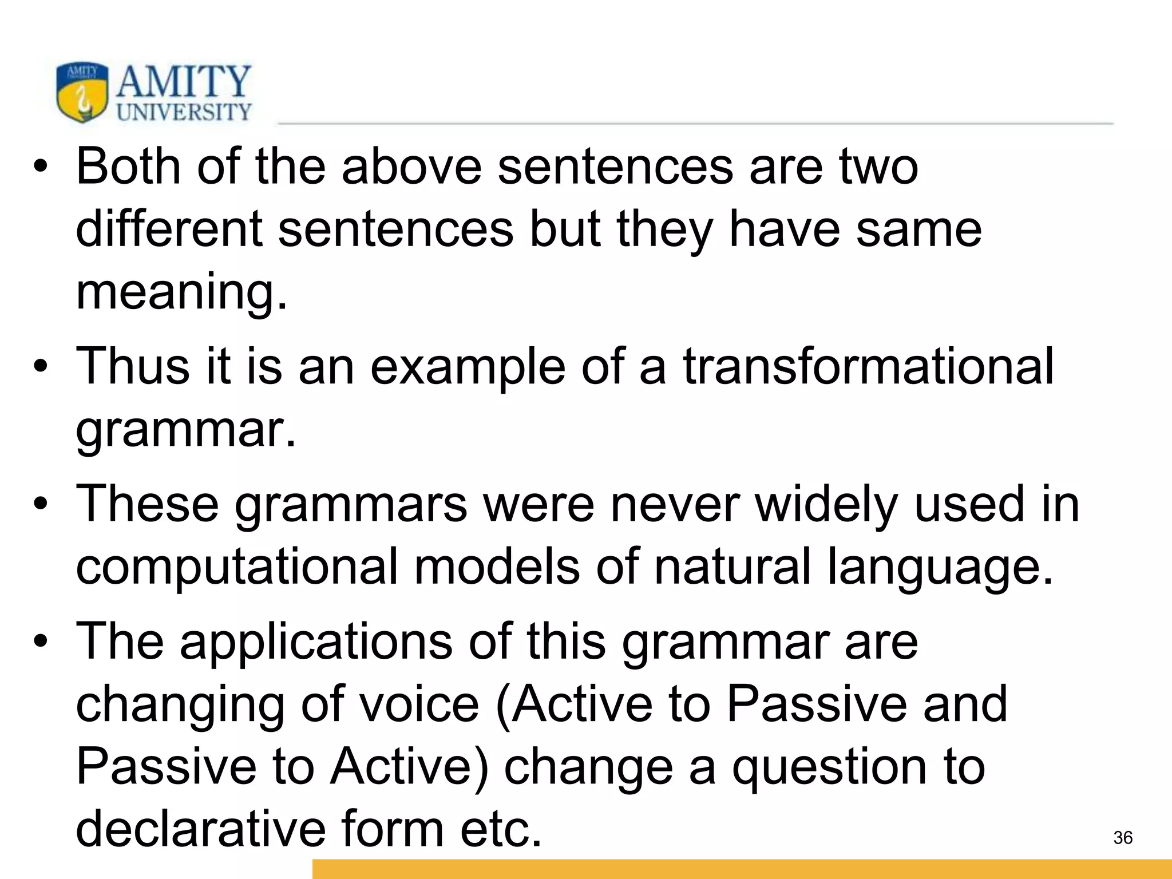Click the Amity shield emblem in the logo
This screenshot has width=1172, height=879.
tap(82, 92)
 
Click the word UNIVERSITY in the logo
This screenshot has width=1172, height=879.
tap(184, 112)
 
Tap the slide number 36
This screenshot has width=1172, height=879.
tap(1123, 838)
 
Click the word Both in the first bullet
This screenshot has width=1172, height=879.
tap(129, 167)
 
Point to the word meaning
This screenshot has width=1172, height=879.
tap(181, 293)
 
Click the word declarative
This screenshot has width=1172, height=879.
tap(200, 830)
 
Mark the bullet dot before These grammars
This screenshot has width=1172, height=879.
tap(39, 505)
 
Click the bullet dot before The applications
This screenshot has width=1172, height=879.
tap(39, 642)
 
